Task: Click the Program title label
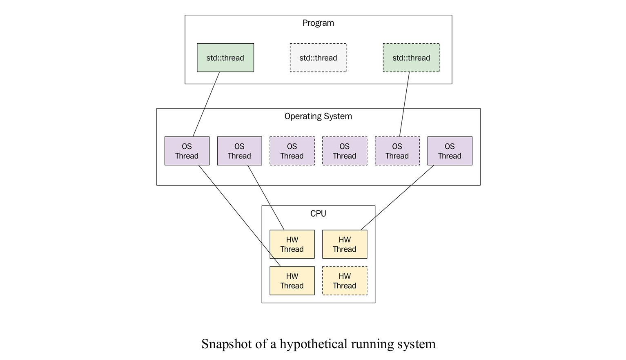point(318,23)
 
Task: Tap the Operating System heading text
point(318,116)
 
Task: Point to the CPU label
point(318,214)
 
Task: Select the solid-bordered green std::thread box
point(225,58)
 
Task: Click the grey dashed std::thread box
point(318,58)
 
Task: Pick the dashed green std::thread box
point(411,58)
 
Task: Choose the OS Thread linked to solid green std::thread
point(187,151)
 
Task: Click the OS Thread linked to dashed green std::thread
point(397,151)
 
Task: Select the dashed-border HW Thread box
point(345,281)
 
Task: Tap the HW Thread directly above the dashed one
point(345,244)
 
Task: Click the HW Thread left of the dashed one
point(292,281)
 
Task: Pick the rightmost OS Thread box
point(450,151)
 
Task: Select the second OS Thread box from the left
point(239,151)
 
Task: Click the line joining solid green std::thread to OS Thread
point(206,104)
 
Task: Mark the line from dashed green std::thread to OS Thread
point(404,104)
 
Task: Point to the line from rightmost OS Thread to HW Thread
point(397,197)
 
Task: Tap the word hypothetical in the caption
point(316,344)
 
